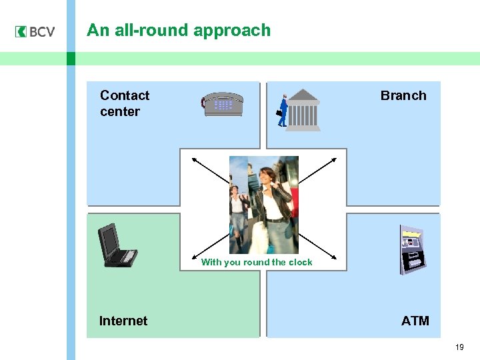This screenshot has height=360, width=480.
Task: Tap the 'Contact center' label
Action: point(124,103)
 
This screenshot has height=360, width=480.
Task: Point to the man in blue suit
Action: point(283,111)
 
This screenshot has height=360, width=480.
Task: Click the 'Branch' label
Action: point(403,95)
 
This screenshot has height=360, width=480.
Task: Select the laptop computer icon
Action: point(117,246)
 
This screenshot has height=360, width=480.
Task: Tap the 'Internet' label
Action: point(123,321)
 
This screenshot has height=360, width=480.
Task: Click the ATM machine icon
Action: point(411,250)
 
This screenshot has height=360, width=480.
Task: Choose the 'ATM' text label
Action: point(415,321)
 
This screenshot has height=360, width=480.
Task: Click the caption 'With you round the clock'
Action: point(257,262)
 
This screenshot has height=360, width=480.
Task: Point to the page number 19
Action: point(459,347)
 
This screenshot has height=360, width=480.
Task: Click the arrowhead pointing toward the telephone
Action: point(194,159)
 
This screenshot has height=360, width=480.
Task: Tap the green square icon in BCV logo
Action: point(21,31)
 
